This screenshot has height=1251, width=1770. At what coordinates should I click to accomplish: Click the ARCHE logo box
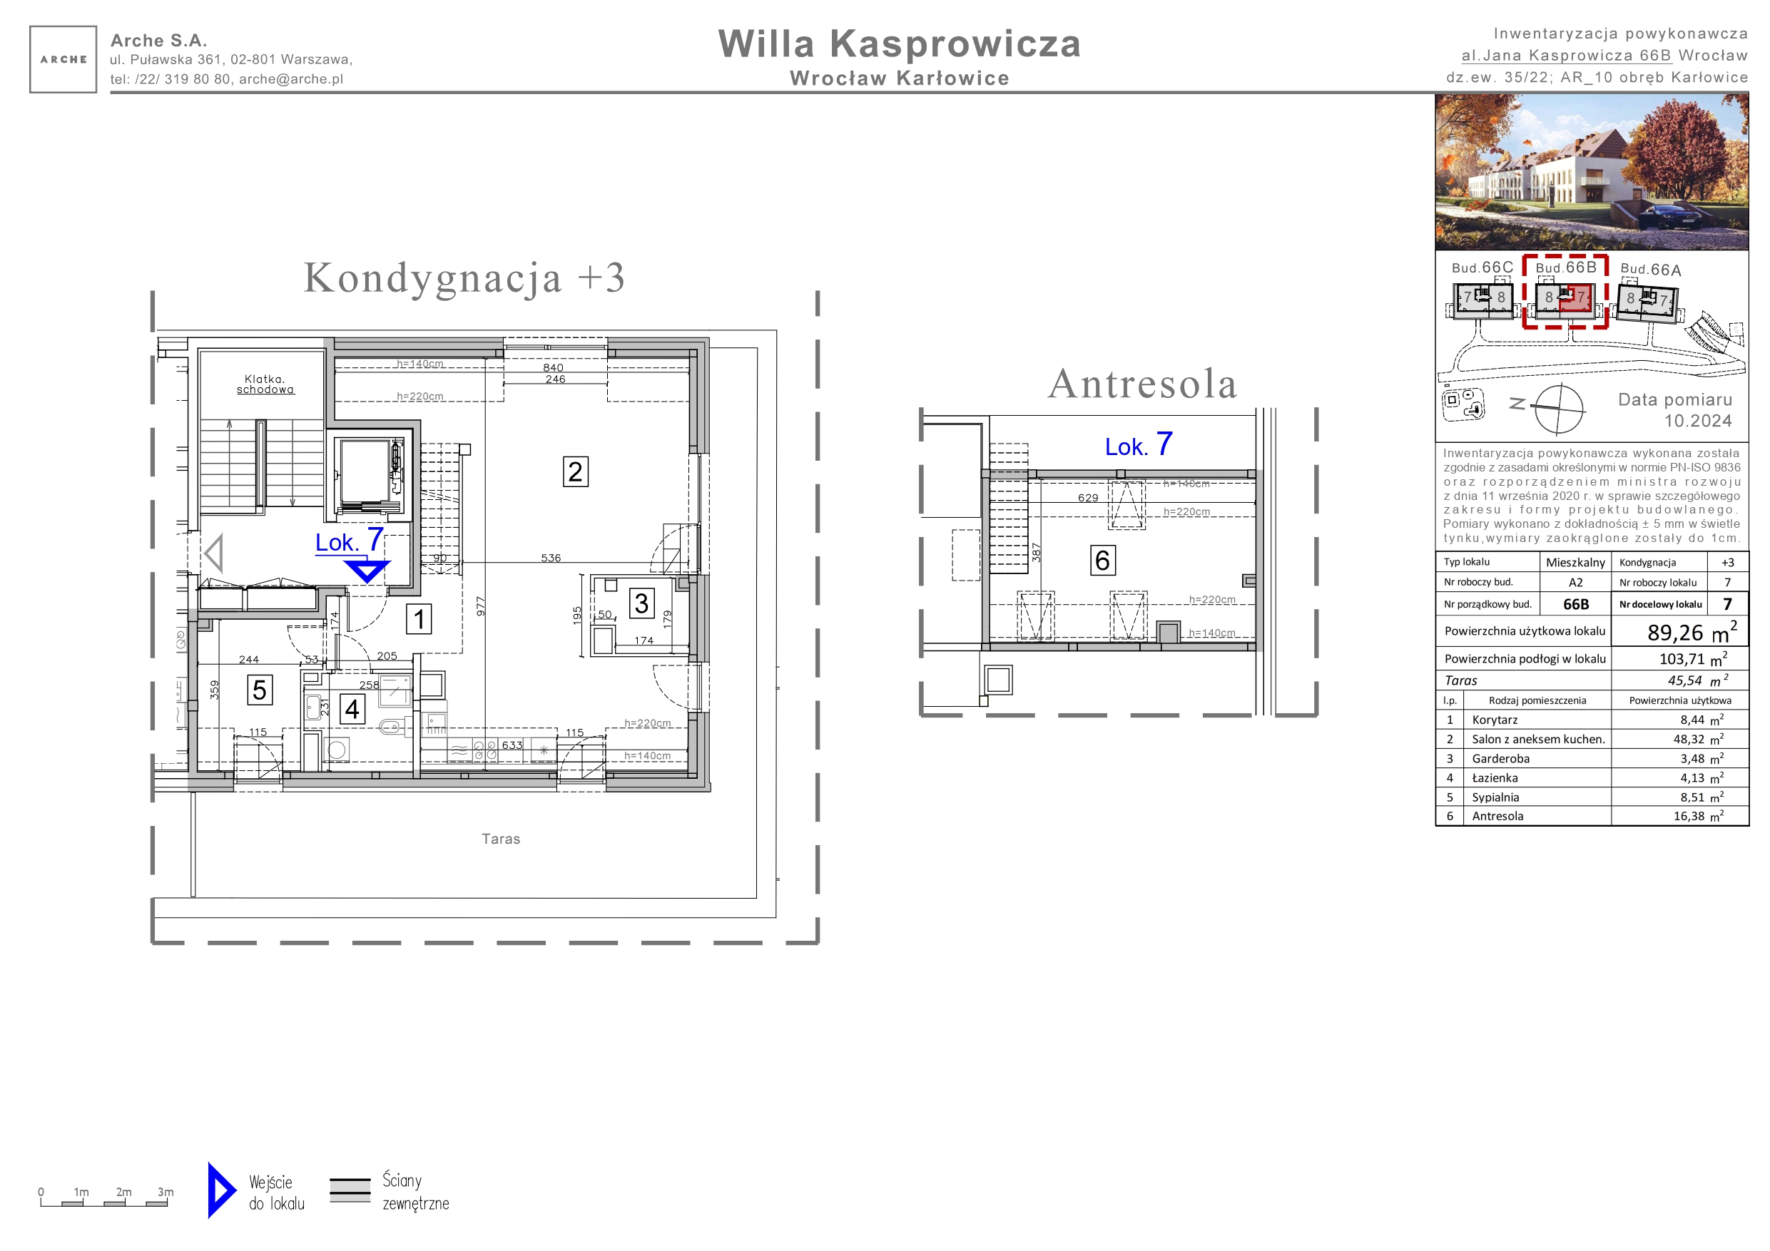[63, 59]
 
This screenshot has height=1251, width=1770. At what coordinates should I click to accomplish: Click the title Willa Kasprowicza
[899, 44]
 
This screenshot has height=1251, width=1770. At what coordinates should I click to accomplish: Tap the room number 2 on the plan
[575, 471]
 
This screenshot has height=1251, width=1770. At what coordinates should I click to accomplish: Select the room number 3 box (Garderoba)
[641, 603]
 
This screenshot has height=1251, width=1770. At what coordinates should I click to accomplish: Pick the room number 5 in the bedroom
[260, 690]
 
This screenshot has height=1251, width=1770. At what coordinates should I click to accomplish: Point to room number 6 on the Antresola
[1102, 561]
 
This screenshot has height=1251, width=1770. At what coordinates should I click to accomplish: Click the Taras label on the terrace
[501, 839]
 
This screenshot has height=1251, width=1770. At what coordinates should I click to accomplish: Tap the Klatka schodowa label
[265, 384]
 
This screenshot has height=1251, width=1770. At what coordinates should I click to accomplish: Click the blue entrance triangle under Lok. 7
[367, 571]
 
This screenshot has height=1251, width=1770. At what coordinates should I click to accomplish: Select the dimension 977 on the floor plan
[481, 606]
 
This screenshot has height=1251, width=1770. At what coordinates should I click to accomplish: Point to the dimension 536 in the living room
[551, 558]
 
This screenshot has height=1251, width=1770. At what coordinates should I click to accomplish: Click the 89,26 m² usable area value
[1692, 631]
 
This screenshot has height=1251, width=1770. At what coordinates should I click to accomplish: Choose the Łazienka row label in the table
[1495, 777]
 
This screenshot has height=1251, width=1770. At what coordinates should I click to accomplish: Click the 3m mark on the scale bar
[166, 1192]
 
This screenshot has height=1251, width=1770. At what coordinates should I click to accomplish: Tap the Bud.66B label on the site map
[1566, 267]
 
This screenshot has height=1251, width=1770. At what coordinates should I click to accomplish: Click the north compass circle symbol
[1559, 409]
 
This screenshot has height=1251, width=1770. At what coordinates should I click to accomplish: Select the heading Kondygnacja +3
[464, 277]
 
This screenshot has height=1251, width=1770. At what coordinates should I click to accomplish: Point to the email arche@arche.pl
[290, 78]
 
